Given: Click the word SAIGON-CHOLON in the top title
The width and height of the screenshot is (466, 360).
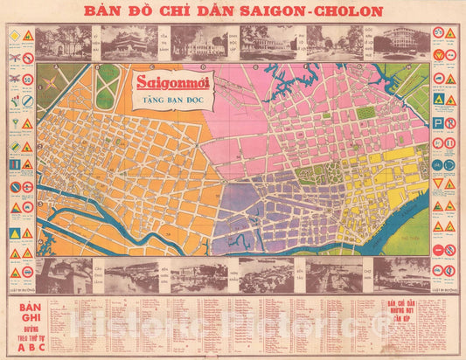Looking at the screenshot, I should click(318, 11).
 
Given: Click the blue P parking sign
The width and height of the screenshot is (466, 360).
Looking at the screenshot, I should click(437, 123).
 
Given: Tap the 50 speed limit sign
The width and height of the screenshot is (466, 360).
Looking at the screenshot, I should click(27, 78).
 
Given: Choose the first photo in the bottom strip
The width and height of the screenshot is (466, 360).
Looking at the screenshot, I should click(65, 273).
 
